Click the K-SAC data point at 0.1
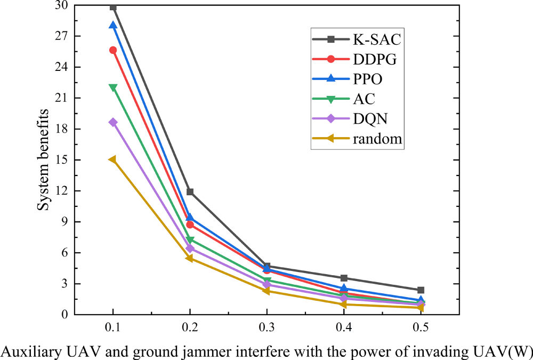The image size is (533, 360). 113,7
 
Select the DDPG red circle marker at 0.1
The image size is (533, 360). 113,50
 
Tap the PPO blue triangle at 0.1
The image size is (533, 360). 113,26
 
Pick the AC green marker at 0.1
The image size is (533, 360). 113,87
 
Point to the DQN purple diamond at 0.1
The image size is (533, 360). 113,122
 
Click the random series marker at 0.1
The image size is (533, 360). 113,159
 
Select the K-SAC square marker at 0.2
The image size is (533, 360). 190,191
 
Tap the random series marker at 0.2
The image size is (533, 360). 190,258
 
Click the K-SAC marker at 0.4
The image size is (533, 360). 344,278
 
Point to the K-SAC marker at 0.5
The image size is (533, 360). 421,290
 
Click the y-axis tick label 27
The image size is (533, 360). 63,36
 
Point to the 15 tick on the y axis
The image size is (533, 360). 63,160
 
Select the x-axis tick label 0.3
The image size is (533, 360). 266,325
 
